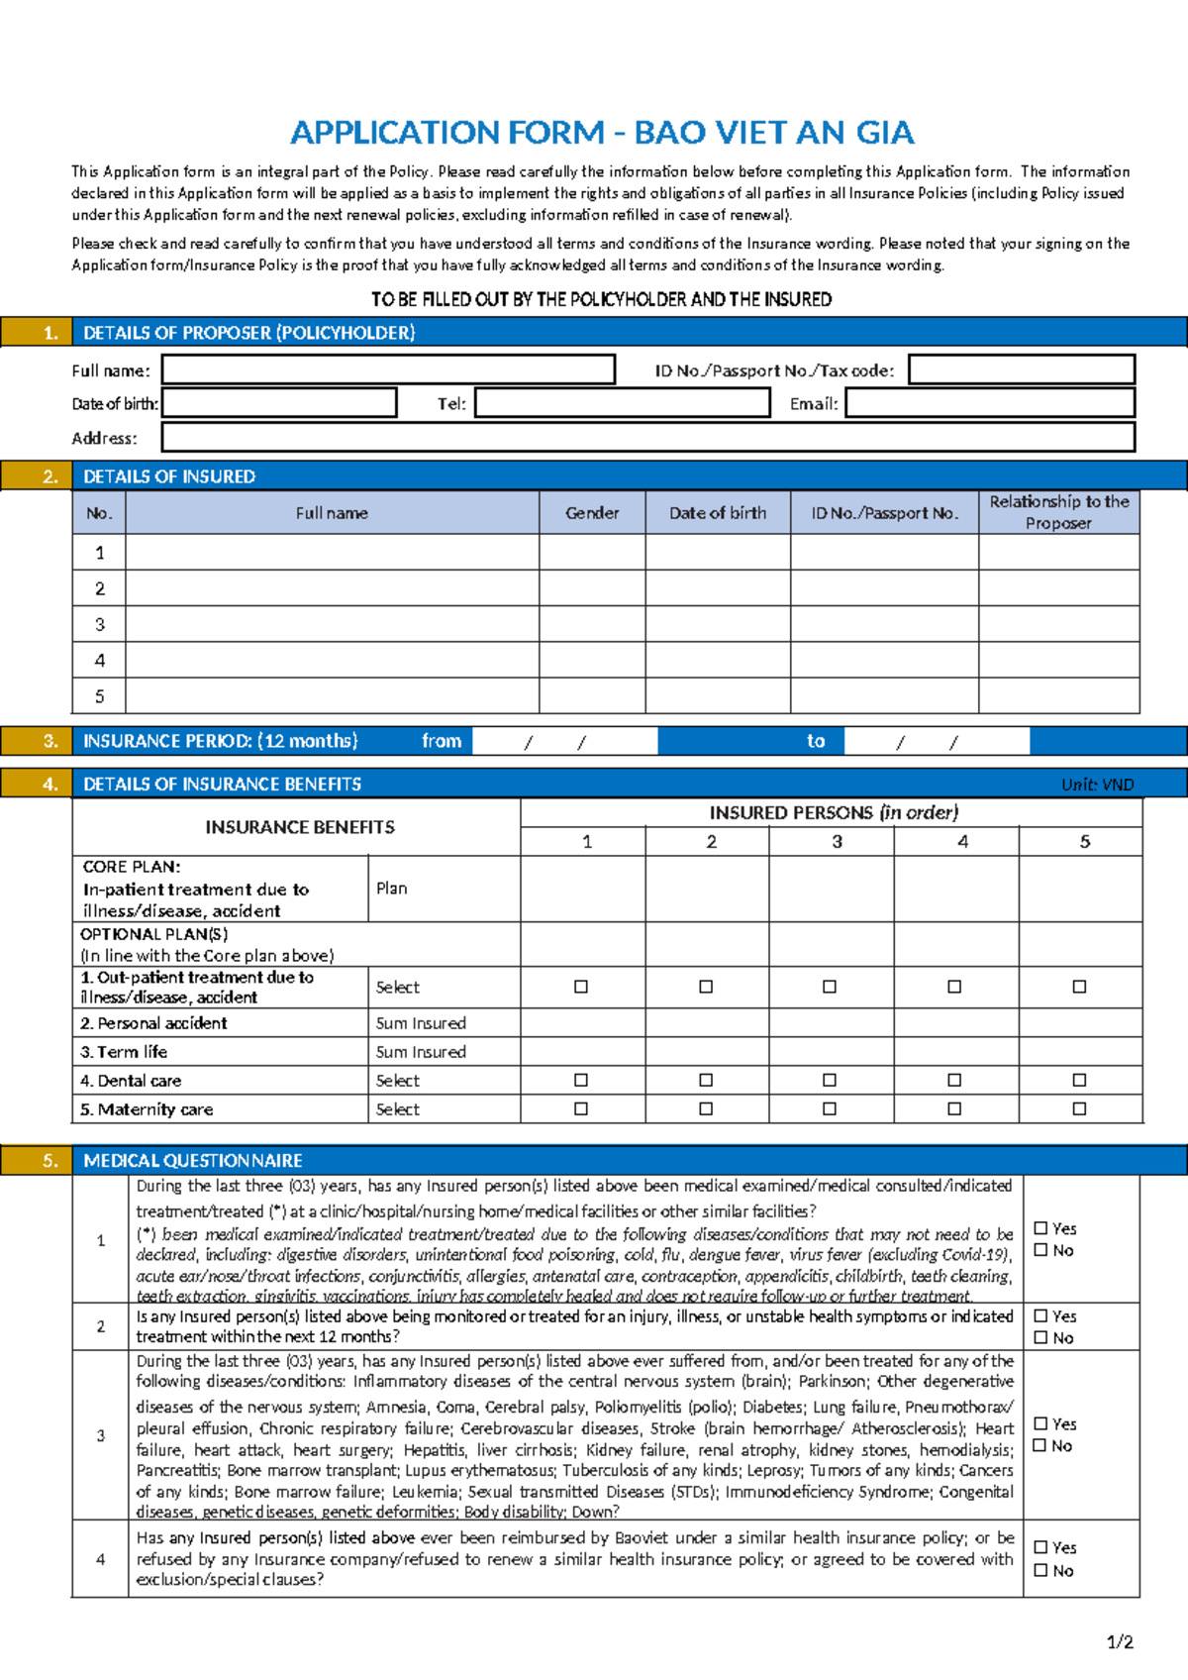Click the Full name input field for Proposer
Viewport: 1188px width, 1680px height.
(x=388, y=369)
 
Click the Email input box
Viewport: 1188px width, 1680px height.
(x=990, y=403)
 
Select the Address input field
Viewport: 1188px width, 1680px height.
(x=648, y=438)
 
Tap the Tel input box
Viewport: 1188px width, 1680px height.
(x=623, y=403)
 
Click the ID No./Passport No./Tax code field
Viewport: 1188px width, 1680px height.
(x=1022, y=369)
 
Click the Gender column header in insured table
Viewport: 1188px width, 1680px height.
(x=592, y=513)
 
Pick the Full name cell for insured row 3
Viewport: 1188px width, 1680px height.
(x=332, y=624)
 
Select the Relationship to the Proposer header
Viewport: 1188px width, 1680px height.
(x=1058, y=512)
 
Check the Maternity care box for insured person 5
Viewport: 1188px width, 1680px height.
(x=1079, y=1109)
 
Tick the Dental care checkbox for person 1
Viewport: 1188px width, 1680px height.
(x=581, y=1081)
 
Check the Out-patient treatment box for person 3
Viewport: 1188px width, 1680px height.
(x=830, y=987)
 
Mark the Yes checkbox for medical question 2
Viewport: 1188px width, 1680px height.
(x=1040, y=1316)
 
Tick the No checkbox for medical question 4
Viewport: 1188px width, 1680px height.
(x=1040, y=1570)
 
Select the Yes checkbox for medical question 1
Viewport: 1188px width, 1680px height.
(x=1040, y=1228)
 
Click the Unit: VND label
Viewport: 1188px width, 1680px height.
(x=1097, y=785)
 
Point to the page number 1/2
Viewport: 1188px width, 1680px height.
(x=1120, y=1641)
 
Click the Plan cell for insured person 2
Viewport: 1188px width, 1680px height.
(x=707, y=889)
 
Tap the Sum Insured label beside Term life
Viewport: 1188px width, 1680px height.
(x=421, y=1052)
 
